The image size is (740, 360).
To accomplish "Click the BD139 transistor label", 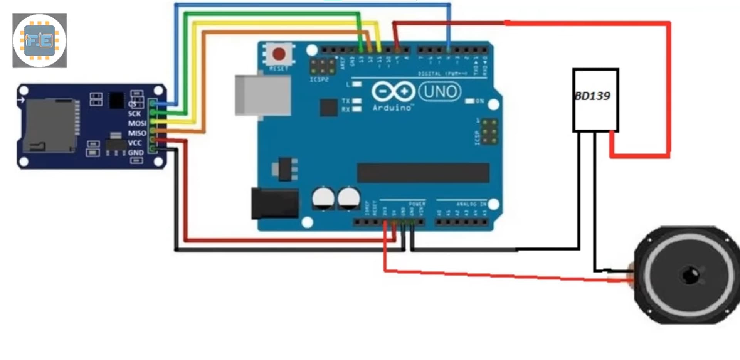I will tap(593, 96).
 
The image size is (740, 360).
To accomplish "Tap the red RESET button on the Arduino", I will tap(279, 54).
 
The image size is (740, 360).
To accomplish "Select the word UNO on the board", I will tap(440, 92).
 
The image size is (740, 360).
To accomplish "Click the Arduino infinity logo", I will tap(393, 92).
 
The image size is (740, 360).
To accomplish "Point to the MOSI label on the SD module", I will tap(137, 123).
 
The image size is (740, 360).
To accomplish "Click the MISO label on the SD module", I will tap(137, 133).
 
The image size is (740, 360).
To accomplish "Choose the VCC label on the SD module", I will tap(135, 143).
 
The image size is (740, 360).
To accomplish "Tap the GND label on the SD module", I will tap(136, 153).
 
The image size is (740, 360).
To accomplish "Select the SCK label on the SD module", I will tap(135, 114).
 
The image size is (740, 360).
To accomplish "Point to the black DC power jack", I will tap(274, 203).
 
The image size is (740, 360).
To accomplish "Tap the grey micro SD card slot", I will tap(49, 125).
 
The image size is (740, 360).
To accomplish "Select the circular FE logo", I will tap(39, 40).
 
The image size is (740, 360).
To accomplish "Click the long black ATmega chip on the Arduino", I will tap(423, 173).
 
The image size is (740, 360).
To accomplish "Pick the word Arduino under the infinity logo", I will tap(392, 108).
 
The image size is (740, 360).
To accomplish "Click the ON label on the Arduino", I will tap(479, 101).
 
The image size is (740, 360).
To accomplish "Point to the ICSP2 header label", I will tap(319, 79).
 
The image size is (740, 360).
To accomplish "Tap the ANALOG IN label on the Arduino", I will tap(471, 204).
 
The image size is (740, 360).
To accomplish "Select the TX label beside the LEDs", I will tap(346, 101).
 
